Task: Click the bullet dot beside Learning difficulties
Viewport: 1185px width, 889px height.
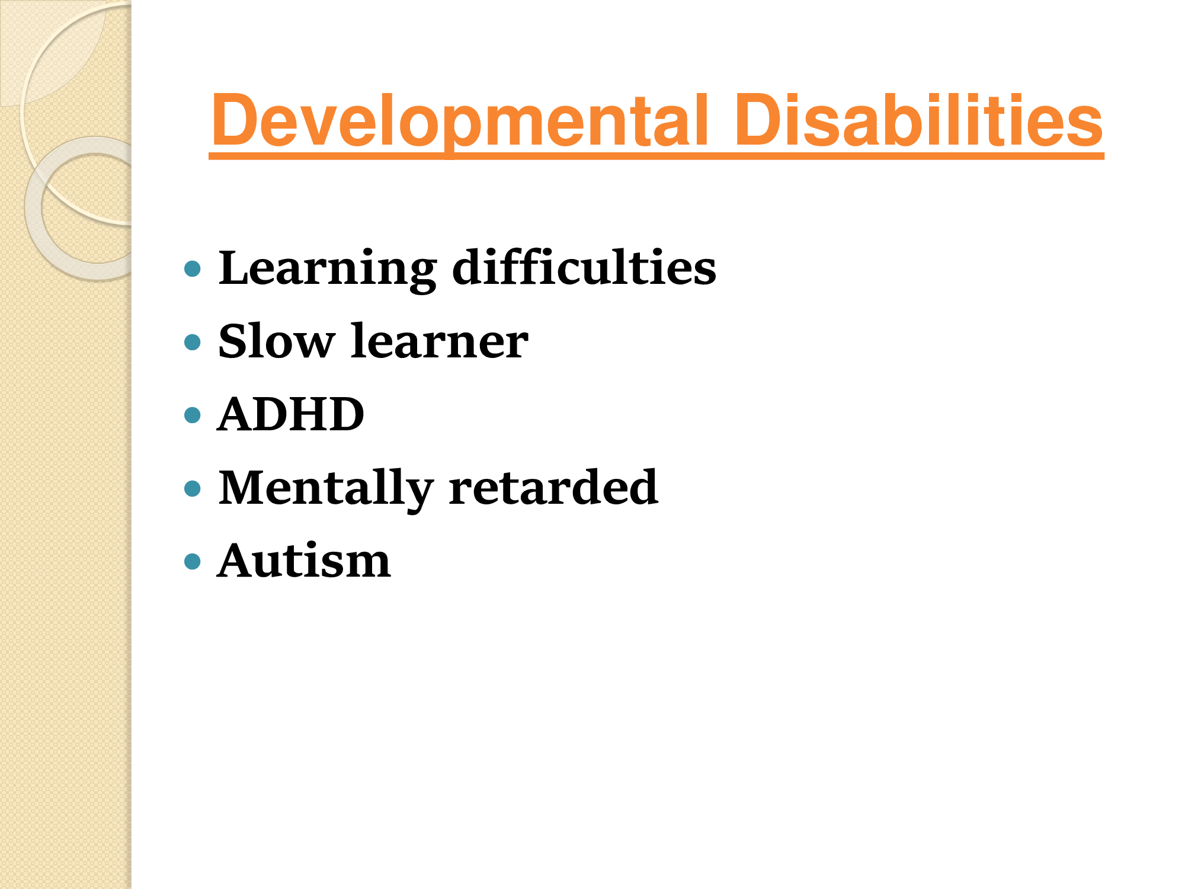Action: click(x=193, y=269)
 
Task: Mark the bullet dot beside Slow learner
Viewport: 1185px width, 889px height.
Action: click(x=193, y=342)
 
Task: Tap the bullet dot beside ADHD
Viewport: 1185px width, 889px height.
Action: click(x=193, y=415)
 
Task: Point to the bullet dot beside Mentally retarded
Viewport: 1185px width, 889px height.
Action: click(x=193, y=488)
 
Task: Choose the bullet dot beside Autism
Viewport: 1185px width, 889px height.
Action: click(x=193, y=561)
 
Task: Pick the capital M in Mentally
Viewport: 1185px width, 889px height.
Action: click(x=245, y=488)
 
